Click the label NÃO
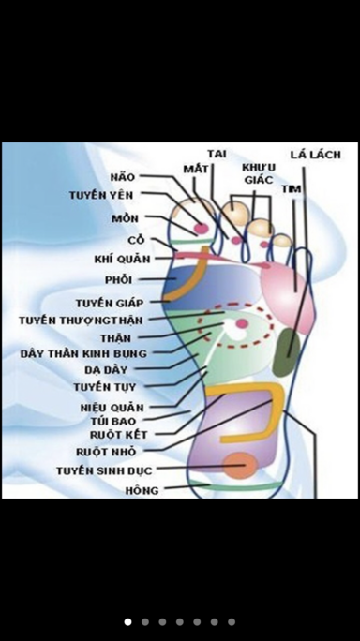[122, 177]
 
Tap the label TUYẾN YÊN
[101, 195]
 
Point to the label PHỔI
[119, 280]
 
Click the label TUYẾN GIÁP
[110, 304]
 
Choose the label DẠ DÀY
[106, 370]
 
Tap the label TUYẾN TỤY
[105, 387]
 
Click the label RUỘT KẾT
[119, 435]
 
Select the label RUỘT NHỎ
[106, 452]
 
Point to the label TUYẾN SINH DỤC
[104, 471]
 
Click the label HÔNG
[142, 490]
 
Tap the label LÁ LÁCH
[315, 155]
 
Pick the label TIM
[292, 189]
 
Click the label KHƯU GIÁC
[259, 173]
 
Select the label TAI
[217, 154]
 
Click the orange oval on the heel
[240, 466]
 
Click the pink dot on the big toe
[201, 228]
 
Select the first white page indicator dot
[128, 621]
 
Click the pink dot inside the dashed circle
[242, 323]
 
